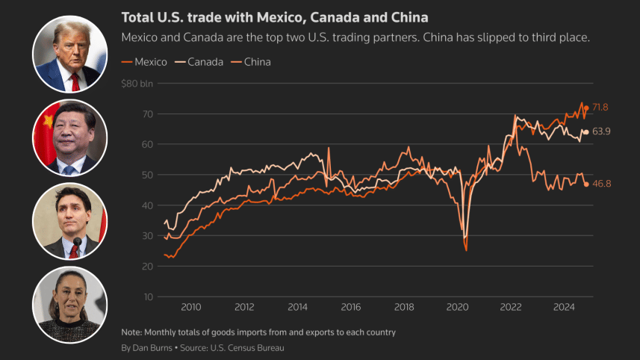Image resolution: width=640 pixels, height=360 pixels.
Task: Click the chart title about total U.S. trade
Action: click(274, 16)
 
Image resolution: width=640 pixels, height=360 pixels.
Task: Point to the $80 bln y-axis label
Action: click(137, 84)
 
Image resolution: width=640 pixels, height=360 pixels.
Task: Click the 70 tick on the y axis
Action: click(140, 114)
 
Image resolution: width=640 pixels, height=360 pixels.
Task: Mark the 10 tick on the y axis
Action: click(140, 297)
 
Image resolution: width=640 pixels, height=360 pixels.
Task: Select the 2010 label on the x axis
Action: click(191, 307)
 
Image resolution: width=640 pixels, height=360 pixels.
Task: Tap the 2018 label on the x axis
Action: click(404, 307)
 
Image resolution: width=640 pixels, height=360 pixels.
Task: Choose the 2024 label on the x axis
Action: click(564, 307)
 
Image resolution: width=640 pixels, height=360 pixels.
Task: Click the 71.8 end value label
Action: click(600, 108)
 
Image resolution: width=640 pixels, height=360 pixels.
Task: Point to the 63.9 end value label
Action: click(601, 132)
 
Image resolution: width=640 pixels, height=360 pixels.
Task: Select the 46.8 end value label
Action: click(601, 184)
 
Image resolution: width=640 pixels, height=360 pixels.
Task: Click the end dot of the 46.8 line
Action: click(586, 184)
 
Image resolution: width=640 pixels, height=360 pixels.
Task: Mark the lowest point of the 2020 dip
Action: click(466, 249)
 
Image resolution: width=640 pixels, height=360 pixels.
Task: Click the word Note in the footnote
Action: click(131, 332)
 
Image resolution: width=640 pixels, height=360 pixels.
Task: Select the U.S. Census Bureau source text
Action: click(249, 348)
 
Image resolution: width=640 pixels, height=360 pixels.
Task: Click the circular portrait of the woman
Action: click(70, 305)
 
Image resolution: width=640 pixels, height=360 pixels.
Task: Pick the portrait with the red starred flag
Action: click(70, 137)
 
